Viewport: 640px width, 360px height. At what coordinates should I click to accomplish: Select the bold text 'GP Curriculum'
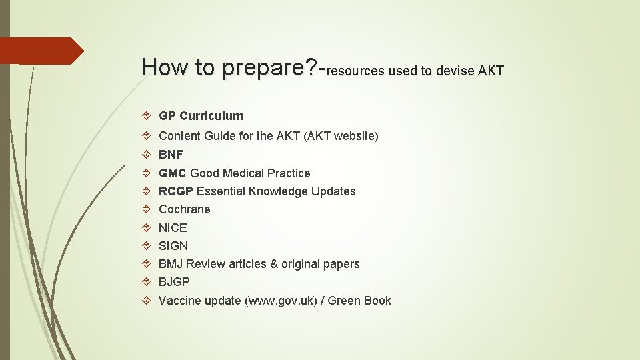click(201, 116)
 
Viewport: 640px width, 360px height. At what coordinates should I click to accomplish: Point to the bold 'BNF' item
click(171, 155)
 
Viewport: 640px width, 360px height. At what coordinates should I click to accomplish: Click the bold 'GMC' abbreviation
click(173, 173)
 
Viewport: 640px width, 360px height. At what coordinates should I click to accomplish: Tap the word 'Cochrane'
click(184, 209)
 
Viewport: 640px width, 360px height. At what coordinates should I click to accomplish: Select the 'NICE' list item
click(173, 228)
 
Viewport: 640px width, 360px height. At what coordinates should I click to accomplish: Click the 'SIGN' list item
click(173, 246)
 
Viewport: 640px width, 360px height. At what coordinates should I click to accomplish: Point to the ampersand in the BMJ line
click(273, 264)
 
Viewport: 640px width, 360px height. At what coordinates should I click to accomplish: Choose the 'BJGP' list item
click(174, 282)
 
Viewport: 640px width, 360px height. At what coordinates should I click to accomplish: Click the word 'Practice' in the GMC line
click(289, 173)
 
